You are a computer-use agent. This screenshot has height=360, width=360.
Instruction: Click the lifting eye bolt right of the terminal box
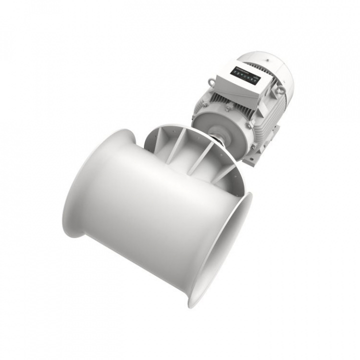(x=281, y=90)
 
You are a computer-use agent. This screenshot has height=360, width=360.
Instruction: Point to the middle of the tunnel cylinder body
(x=150, y=210)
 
